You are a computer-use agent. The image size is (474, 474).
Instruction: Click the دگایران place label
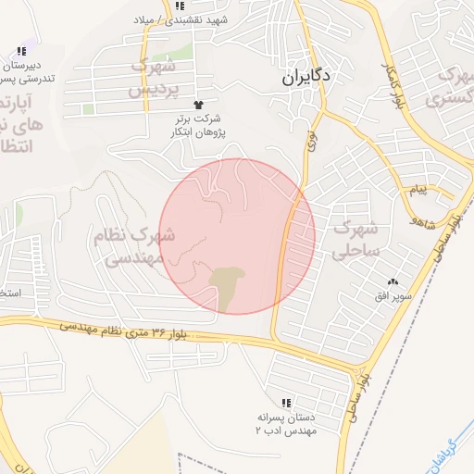tap(307, 80)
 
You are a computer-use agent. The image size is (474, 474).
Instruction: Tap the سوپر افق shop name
tap(393, 296)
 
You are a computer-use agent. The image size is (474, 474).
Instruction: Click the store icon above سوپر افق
tap(393, 281)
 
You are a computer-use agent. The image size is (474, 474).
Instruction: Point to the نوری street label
tap(311, 140)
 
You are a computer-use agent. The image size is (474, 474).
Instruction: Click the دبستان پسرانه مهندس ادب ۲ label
tap(286, 424)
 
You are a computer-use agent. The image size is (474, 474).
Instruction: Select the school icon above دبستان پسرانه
tap(286, 403)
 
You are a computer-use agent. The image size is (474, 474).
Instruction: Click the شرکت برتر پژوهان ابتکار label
tap(199, 126)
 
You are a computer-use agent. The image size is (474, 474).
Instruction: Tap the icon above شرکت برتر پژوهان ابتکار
tap(197, 105)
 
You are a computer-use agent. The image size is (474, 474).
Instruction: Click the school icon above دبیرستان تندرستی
tap(21, 51)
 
